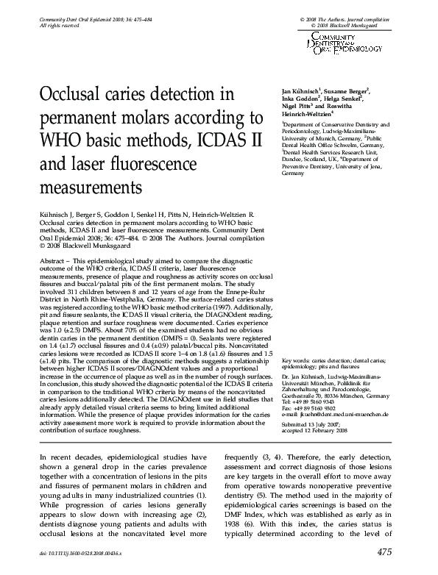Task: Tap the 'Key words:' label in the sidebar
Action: pos(297,362)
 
